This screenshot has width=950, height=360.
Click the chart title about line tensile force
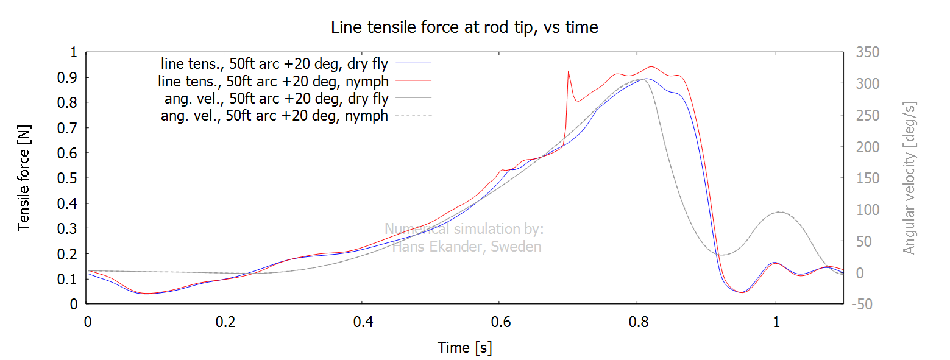pyautogui.click(x=464, y=27)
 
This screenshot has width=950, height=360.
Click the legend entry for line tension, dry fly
pyautogui.click(x=277, y=63)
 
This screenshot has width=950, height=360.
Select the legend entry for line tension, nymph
pyautogui.click(x=274, y=80)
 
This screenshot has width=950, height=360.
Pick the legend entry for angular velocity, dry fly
pyautogui.click(x=276, y=98)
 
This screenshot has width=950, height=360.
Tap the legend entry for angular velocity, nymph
pyautogui.click(x=274, y=116)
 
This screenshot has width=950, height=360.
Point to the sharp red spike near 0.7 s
pyautogui.click(x=568, y=71)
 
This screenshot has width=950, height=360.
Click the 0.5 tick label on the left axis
pyautogui.click(x=70, y=178)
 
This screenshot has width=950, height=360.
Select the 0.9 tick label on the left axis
pyautogui.click(x=70, y=78)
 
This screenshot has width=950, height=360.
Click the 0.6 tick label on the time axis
pyautogui.click(x=499, y=323)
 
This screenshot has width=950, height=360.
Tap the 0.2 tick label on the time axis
pyautogui.click(x=224, y=323)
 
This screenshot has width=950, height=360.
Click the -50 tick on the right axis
pyautogui.click(x=865, y=304)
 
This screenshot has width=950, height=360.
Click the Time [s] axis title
pyautogui.click(x=464, y=348)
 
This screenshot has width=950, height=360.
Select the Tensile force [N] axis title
pyautogui.click(x=24, y=178)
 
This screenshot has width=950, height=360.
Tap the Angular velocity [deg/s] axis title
pyautogui.click(x=910, y=178)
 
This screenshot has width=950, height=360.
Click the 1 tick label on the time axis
pyautogui.click(x=775, y=323)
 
